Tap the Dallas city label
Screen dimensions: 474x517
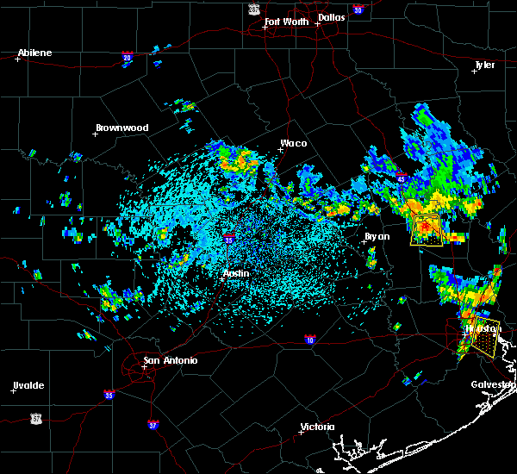(333, 16)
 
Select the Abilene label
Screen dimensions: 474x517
(34, 53)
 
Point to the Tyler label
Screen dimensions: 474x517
(484, 65)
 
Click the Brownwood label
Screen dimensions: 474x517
(121, 128)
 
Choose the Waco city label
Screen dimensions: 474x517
(293, 144)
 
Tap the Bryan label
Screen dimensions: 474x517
(377, 236)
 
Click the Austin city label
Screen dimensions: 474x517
(236, 273)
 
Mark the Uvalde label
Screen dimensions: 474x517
(28, 385)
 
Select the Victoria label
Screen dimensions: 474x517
(317, 427)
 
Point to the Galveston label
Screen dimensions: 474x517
(492, 384)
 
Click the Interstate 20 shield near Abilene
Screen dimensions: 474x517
(127, 58)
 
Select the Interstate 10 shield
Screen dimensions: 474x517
(310, 340)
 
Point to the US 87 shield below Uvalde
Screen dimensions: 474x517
(35, 418)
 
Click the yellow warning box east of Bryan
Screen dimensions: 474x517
(427, 231)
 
